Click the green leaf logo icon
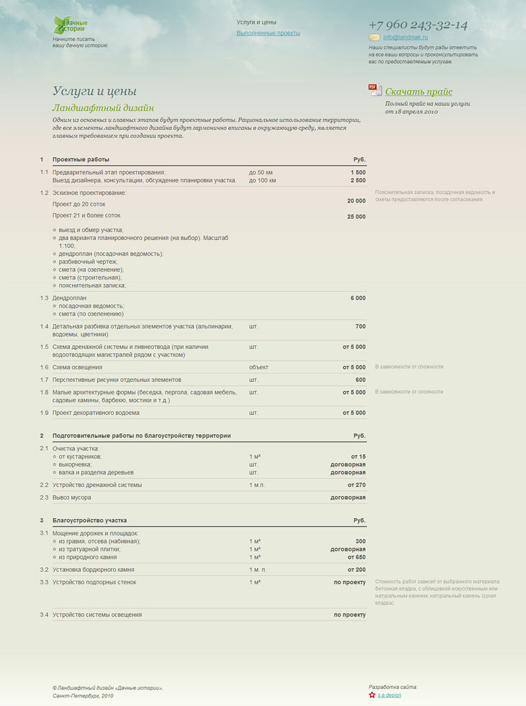coord(60,24)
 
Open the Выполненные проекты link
coord(268,33)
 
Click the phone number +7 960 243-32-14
coord(418,25)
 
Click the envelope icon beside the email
coord(375,37)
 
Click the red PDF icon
coord(375,91)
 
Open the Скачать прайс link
coord(419,92)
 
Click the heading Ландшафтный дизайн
coord(103,108)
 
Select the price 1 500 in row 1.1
coord(358,172)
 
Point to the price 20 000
coord(356,201)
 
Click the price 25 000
coord(356,217)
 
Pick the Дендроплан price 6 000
coord(358,298)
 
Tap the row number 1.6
coord(44,367)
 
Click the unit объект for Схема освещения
coord(259,367)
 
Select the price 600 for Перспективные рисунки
coord(360,380)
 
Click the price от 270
coord(356,485)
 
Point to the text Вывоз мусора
coord(72,498)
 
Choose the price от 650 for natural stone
coord(356,557)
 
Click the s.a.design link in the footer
coord(389,695)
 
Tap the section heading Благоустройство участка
coord(90,521)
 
